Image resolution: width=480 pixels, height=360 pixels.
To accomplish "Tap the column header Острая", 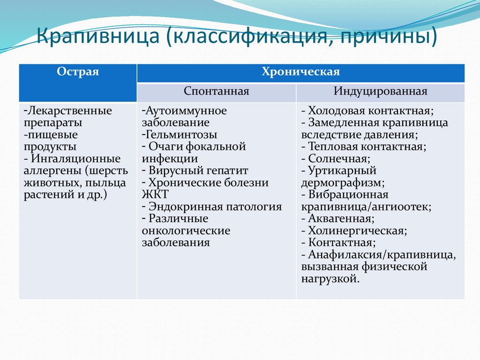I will [x=78, y=72].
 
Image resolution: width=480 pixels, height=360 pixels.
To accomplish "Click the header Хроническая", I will [x=300, y=72].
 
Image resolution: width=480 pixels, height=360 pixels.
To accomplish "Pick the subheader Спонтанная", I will [x=216, y=91].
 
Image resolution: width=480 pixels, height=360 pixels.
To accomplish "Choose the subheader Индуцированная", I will [x=380, y=91].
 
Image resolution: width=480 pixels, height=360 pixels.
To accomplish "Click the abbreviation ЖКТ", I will [x=154, y=195].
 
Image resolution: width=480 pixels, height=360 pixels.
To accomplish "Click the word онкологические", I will [x=186, y=231].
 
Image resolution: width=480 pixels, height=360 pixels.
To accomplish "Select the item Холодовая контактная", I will [x=370, y=111].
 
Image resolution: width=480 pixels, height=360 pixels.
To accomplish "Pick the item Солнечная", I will [x=336, y=159].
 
